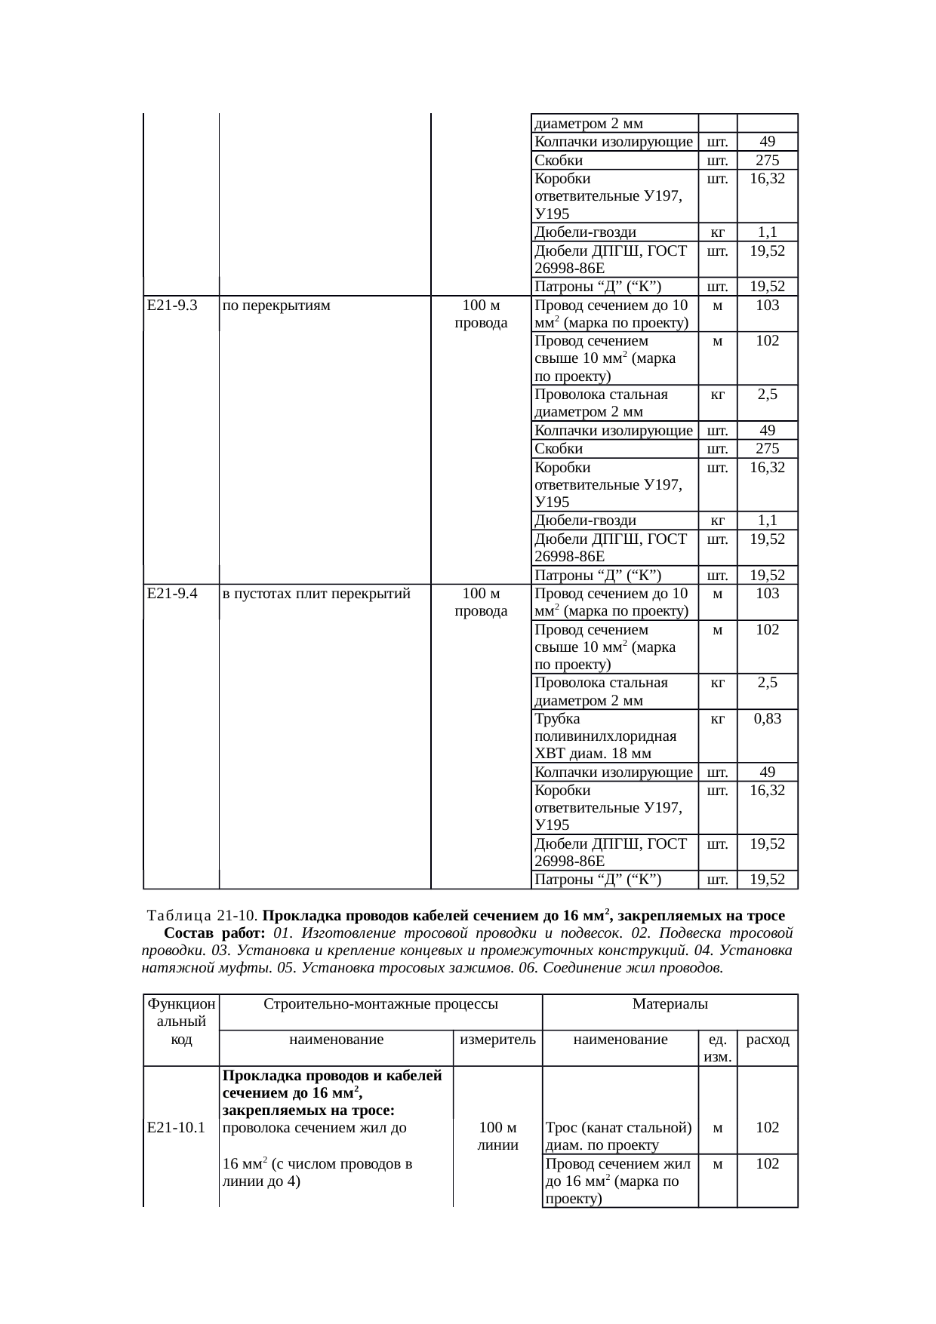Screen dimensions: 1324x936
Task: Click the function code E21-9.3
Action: click(172, 306)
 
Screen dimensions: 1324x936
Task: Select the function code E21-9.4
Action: click(172, 594)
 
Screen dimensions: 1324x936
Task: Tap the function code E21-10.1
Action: click(177, 1128)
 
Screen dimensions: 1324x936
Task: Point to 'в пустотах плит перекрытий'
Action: click(316, 594)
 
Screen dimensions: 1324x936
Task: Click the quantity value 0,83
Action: click(767, 719)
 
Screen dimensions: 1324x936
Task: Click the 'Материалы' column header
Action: click(670, 1004)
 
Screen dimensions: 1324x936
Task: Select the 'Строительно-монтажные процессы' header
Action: click(380, 1004)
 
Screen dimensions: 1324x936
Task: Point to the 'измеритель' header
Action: click(497, 1040)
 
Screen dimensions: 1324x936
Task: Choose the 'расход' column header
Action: click(767, 1040)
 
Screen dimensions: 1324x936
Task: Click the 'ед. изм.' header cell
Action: click(717, 1048)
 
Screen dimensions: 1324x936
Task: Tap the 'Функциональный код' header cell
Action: click(181, 1021)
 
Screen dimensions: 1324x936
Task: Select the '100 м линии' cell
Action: click(497, 1136)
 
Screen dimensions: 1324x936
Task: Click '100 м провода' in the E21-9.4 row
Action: click(481, 602)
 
